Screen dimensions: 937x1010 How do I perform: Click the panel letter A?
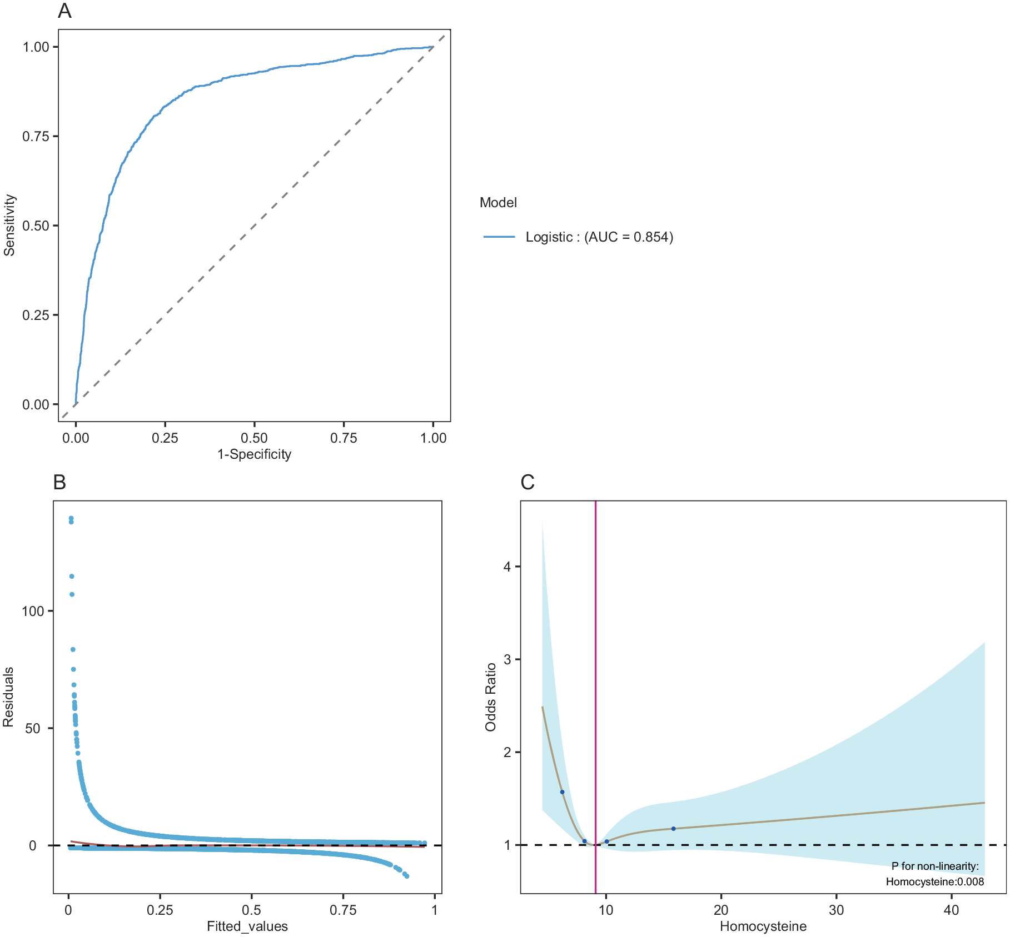pyautogui.click(x=64, y=11)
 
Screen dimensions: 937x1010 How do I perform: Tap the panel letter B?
pyautogui.click(x=59, y=482)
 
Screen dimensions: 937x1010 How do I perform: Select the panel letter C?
pyautogui.click(x=527, y=482)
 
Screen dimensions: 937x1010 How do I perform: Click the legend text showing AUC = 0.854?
pyautogui.click(x=599, y=237)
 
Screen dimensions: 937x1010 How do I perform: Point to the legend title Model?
pyautogui.click(x=498, y=203)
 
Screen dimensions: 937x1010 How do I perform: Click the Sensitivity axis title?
pyautogui.click(x=9, y=225)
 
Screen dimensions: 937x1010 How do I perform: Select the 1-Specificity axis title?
pyautogui.click(x=254, y=454)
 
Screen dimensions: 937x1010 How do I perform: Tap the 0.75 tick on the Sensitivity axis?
pyautogui.click(x=36, y=137)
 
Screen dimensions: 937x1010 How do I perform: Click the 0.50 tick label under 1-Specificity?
pyautogui.click(x=254, y=438)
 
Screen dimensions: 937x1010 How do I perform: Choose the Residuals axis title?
pyautogui.click(x=8, y=697)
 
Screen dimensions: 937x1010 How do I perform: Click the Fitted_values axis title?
pyautogui.click(x=247, y=926)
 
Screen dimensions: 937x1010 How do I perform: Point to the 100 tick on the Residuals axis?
pyautogui.click(x=32, y=611)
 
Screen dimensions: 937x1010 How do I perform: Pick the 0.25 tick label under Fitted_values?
pyautogui.click(x=160, y=910)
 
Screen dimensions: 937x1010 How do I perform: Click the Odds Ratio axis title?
pyautogui.click(x=490, y=697)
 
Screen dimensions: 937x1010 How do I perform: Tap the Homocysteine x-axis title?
pyautogui.click(x=763, y=926)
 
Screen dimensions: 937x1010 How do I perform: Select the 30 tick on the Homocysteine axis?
pyautogui.click(x=836, y=910)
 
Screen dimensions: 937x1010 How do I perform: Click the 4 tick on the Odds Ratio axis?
pyautogui.click(x=507, y=567)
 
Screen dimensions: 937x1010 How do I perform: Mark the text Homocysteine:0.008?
pyautogui.click(x=934, y=882)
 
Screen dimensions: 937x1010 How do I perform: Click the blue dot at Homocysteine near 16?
pyautogui.click(x=673, y=829)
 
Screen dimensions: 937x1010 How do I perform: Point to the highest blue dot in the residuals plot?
pyautogui.click(x=71, y=518)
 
